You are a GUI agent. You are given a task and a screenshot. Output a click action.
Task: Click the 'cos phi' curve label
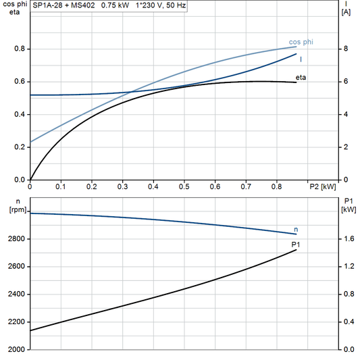coord(301,42)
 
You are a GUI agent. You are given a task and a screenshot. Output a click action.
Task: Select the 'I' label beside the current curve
coord(301,59)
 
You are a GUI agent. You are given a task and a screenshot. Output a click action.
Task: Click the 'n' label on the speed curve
coord(295,230)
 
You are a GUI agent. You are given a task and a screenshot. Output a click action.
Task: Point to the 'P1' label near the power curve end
coord(295,244)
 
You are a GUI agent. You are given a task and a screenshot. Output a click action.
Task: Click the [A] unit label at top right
coord(346,14)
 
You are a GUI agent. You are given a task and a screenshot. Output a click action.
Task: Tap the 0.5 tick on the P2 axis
coord(184,186)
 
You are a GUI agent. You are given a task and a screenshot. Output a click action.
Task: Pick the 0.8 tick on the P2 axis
coord(276,186)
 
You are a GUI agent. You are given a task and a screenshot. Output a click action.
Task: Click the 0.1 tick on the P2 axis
coord(61,186)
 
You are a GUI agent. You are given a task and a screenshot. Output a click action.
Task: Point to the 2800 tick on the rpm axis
coord(15,239)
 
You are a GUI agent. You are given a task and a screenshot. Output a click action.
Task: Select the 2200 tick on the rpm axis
coord(15,322)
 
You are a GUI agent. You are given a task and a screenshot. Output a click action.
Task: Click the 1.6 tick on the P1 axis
coord(347,239)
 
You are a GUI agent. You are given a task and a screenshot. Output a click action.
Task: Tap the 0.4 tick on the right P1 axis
coord(347,322)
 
